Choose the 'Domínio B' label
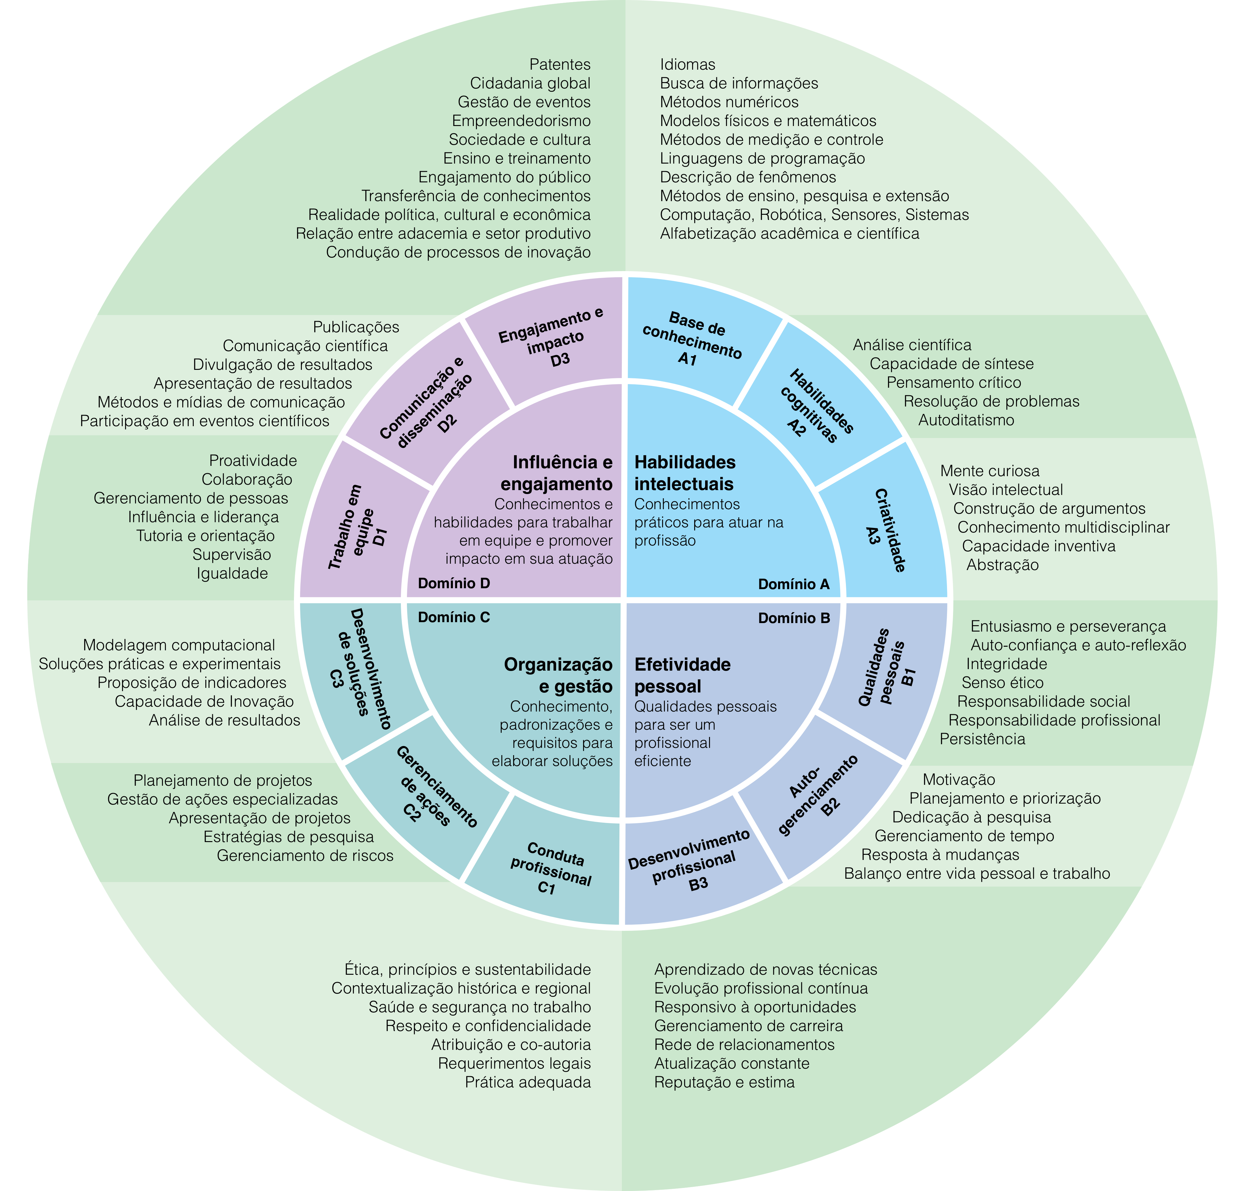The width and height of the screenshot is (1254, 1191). point(794,618)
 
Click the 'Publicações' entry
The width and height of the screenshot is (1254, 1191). point(356,327)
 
